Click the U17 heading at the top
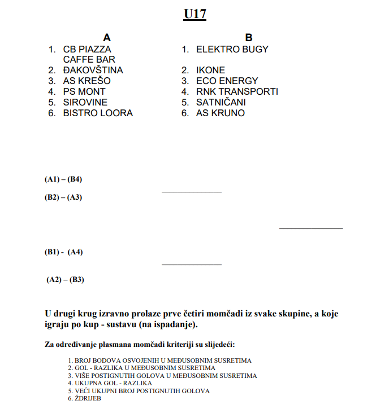[x=194, y=14]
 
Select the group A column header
[x=107, y=38]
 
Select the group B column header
[x=249, y=38]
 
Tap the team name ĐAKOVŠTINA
[x=93, y=70]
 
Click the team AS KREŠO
[x=87, y=81]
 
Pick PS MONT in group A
[x=84, y=91]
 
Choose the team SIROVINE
[x=85, y=102]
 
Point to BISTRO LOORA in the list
[x=98, y=113]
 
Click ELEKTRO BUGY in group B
[x=232, y=49]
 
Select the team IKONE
[x=210, y=70]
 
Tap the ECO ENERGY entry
[x=227, y=81]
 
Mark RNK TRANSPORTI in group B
[x=237, y=91]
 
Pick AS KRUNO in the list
[x=221, y=113]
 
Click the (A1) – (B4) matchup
[x=64, y=179]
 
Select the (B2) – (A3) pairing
[x=64, y=197]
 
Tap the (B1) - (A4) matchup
[x=64, y=252]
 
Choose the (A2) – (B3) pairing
[x=65, y=279]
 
